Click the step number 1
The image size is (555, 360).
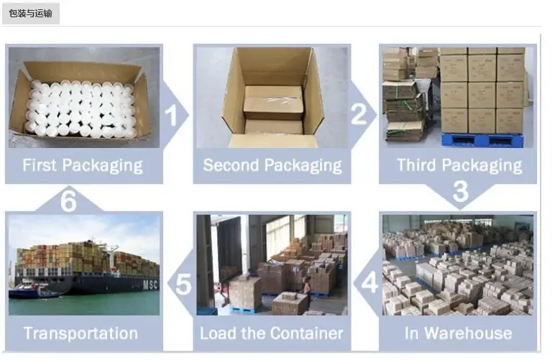point(171,114)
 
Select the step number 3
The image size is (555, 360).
point(460,190)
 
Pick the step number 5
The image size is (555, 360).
point(184,285)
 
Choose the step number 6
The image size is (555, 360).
point(68,201)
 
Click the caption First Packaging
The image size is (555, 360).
point(83,166)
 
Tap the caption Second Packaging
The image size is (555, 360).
point(272,166)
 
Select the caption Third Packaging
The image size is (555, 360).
point(459,166)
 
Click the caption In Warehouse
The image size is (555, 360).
point(458,333)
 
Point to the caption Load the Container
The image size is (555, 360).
point(271,333)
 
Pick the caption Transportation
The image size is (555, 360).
point(81,333)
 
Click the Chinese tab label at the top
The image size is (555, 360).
point(30,13)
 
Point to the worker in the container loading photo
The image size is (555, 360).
point(307,285)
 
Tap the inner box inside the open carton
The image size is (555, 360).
point(273,103)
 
